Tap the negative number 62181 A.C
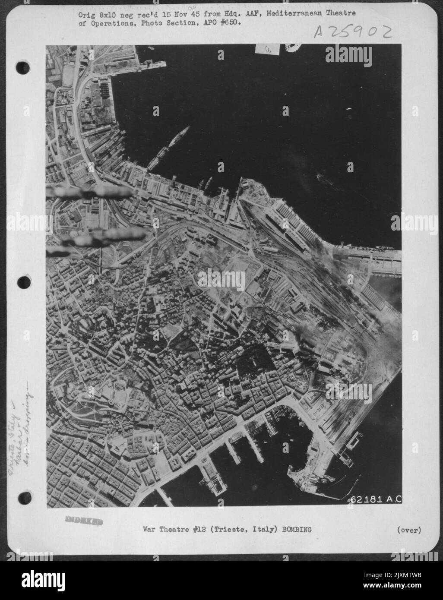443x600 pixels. coord(376,499)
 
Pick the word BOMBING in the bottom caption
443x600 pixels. coord(296,530)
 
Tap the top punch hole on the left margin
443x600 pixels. coord(23,67)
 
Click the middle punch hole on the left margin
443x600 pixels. coord(23,283)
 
